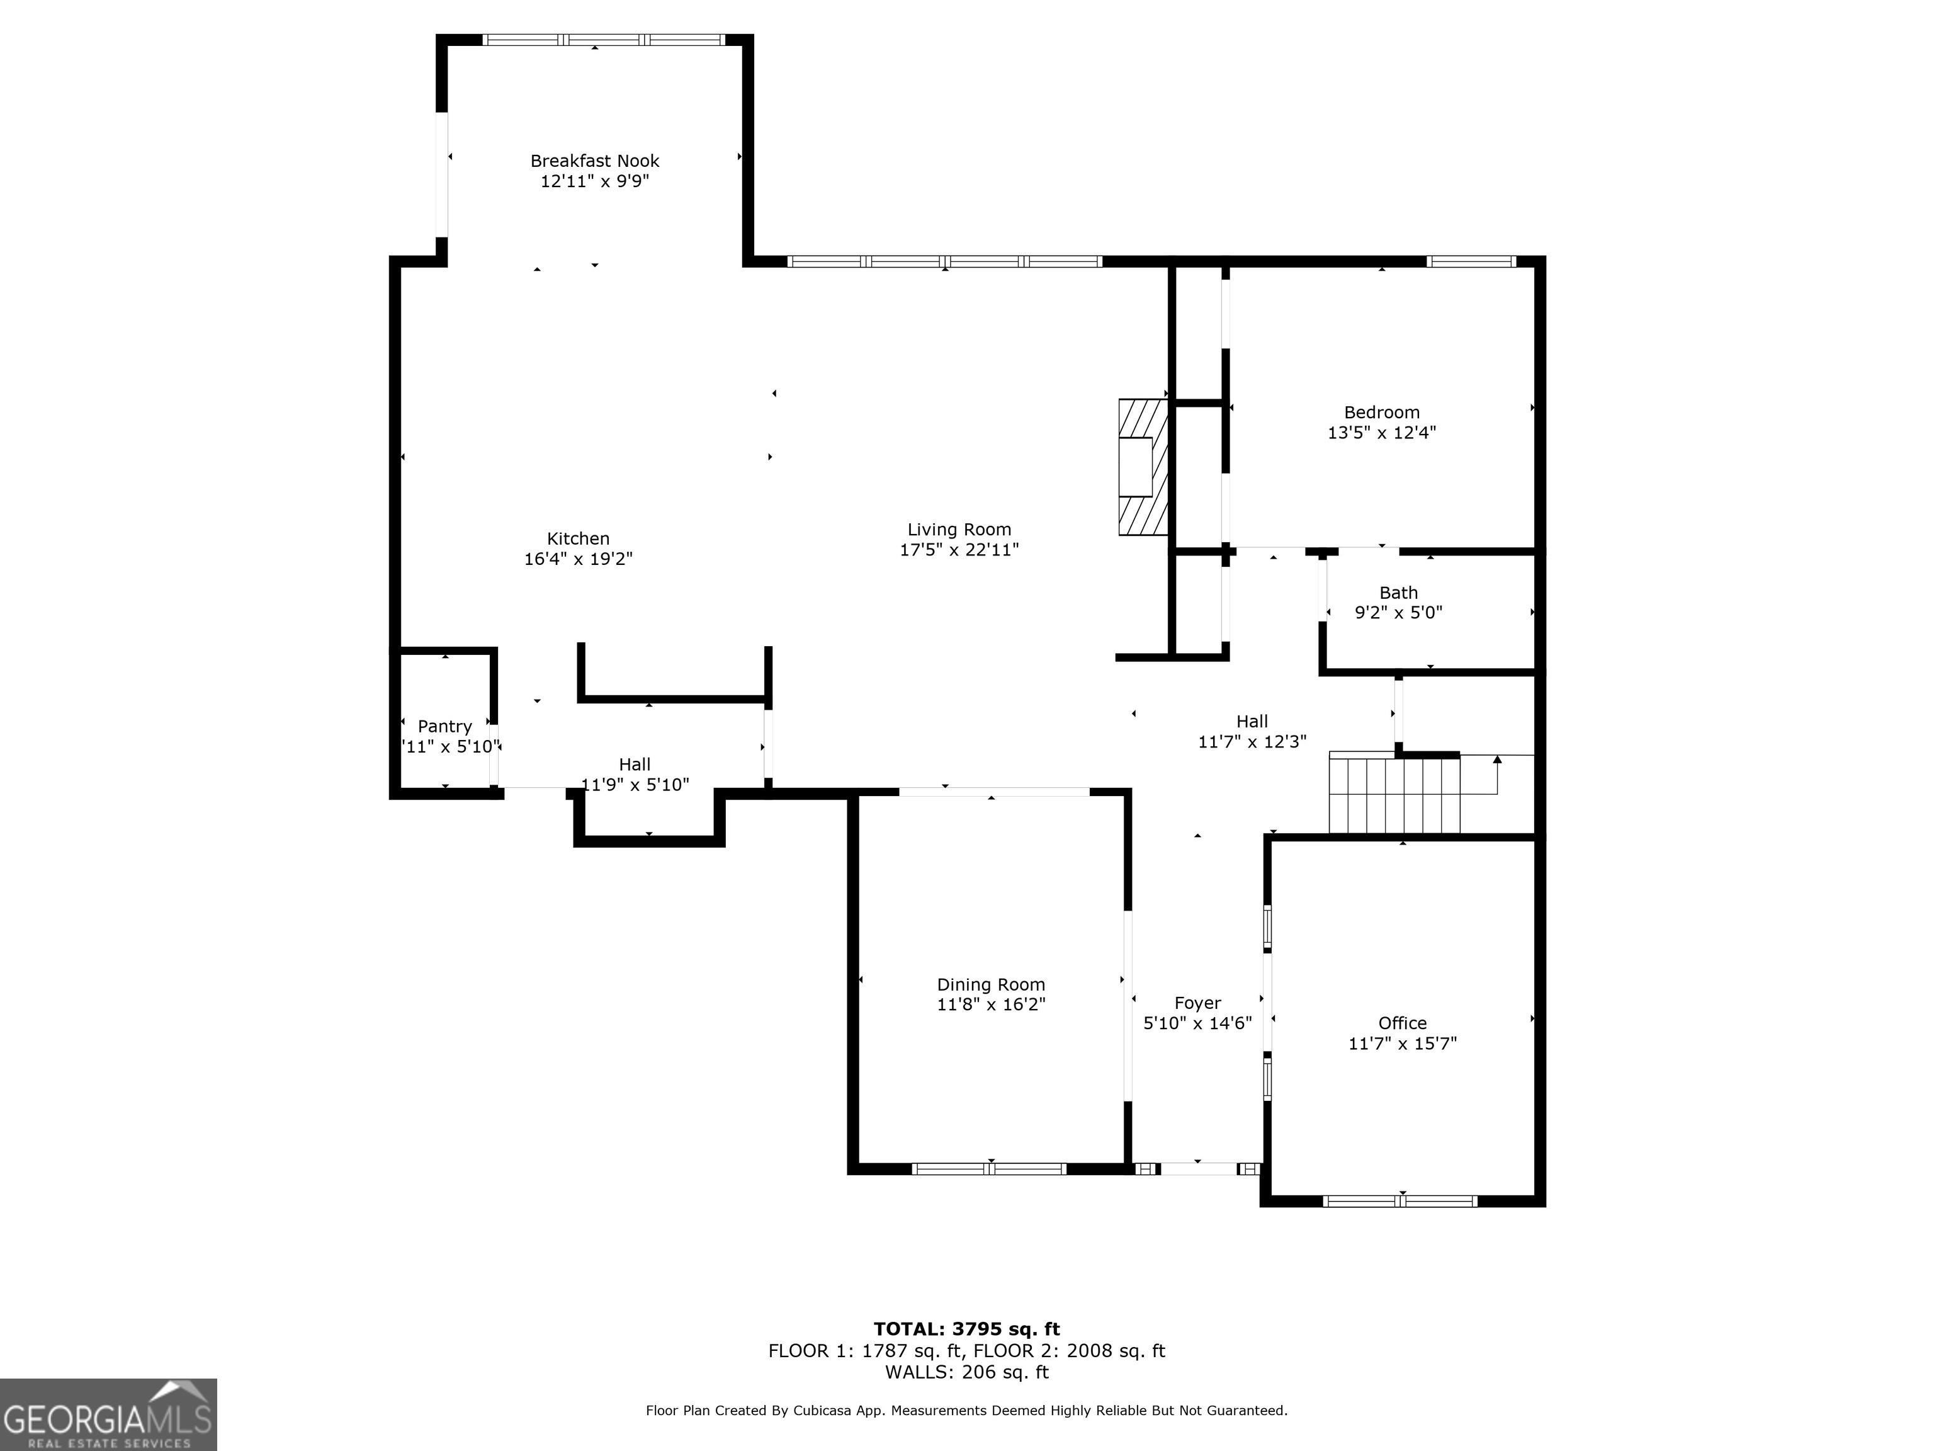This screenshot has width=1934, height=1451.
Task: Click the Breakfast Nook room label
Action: point(594,161)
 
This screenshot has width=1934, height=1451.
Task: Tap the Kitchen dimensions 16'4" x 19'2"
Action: point(578,559)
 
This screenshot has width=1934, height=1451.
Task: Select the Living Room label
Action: point(959,529)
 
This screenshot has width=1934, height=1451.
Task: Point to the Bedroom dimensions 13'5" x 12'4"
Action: point(1381,432)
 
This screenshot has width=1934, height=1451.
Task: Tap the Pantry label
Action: point(444,726)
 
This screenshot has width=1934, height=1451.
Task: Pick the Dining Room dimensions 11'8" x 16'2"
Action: point(990,1004)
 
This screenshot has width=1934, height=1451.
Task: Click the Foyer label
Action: point(1197,1003)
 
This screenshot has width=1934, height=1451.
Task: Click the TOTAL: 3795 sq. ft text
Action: point(966,1329)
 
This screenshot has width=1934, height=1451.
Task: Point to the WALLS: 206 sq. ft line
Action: point(966,1372)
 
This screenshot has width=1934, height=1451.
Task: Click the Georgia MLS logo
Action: point(108,1414)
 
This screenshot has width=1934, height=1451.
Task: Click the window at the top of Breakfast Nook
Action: point(603,39)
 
